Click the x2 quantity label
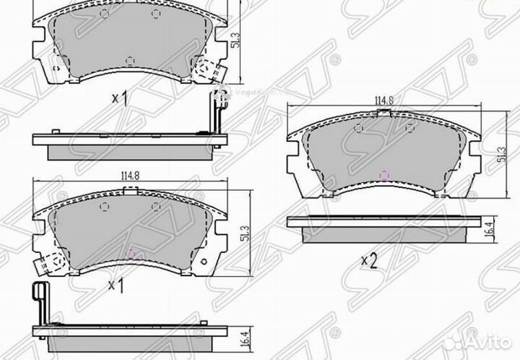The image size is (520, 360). [x=369, y=258]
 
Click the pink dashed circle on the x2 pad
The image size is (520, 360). [x=384, y=175]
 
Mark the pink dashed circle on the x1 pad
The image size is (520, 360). [x=131, y=253]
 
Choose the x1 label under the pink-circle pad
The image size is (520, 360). [x=116, y=286]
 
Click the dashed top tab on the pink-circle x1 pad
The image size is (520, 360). [x=130, y=192]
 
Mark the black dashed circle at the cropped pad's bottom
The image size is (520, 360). [x=129, y=60]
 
